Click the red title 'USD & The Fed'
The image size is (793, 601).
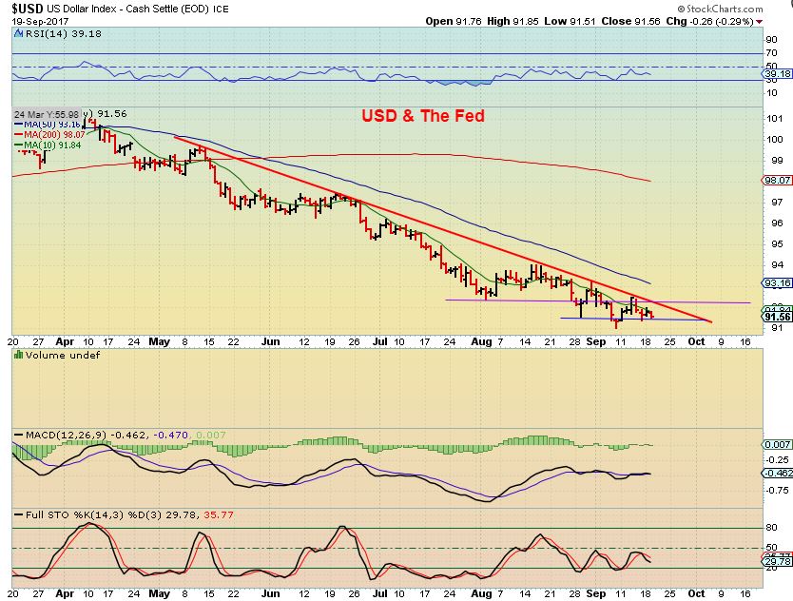422,116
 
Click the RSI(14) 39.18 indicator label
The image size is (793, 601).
50,32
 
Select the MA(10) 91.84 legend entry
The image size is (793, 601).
49,145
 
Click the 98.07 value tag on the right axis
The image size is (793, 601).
777,180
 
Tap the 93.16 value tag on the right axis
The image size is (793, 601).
777,282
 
